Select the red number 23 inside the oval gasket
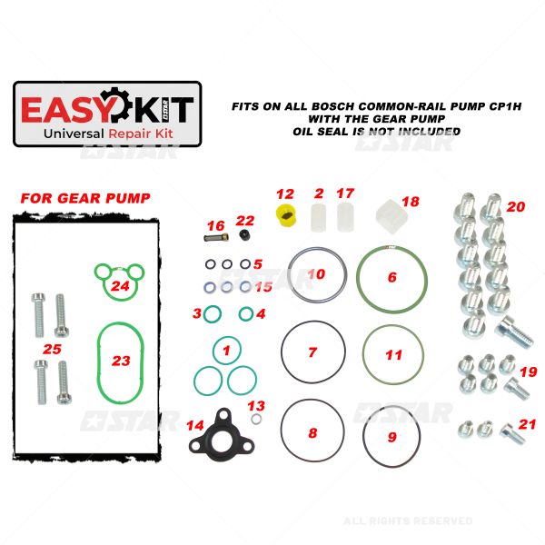(x=121, y=361)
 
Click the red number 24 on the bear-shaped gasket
(x=120, y=286)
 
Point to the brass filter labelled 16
(x=216, y=238)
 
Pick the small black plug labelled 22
(x=245, y=235)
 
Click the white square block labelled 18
(x=391, y=216)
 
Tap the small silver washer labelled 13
(x=256, y=419)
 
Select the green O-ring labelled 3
(x=212, y=314)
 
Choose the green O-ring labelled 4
(x=246, y=314)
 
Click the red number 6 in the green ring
(x=392, y=277)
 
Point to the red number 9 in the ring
(x=392, y=437)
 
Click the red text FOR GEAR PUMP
(x=85, y=198)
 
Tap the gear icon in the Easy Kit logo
(x=115, y=105)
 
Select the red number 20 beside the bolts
(x=516, y=207)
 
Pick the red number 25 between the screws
(x=52, y=349)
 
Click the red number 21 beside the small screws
(x=527, y=424)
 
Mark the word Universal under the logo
(x=74, y=134)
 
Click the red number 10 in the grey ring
(x=316, y=274)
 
